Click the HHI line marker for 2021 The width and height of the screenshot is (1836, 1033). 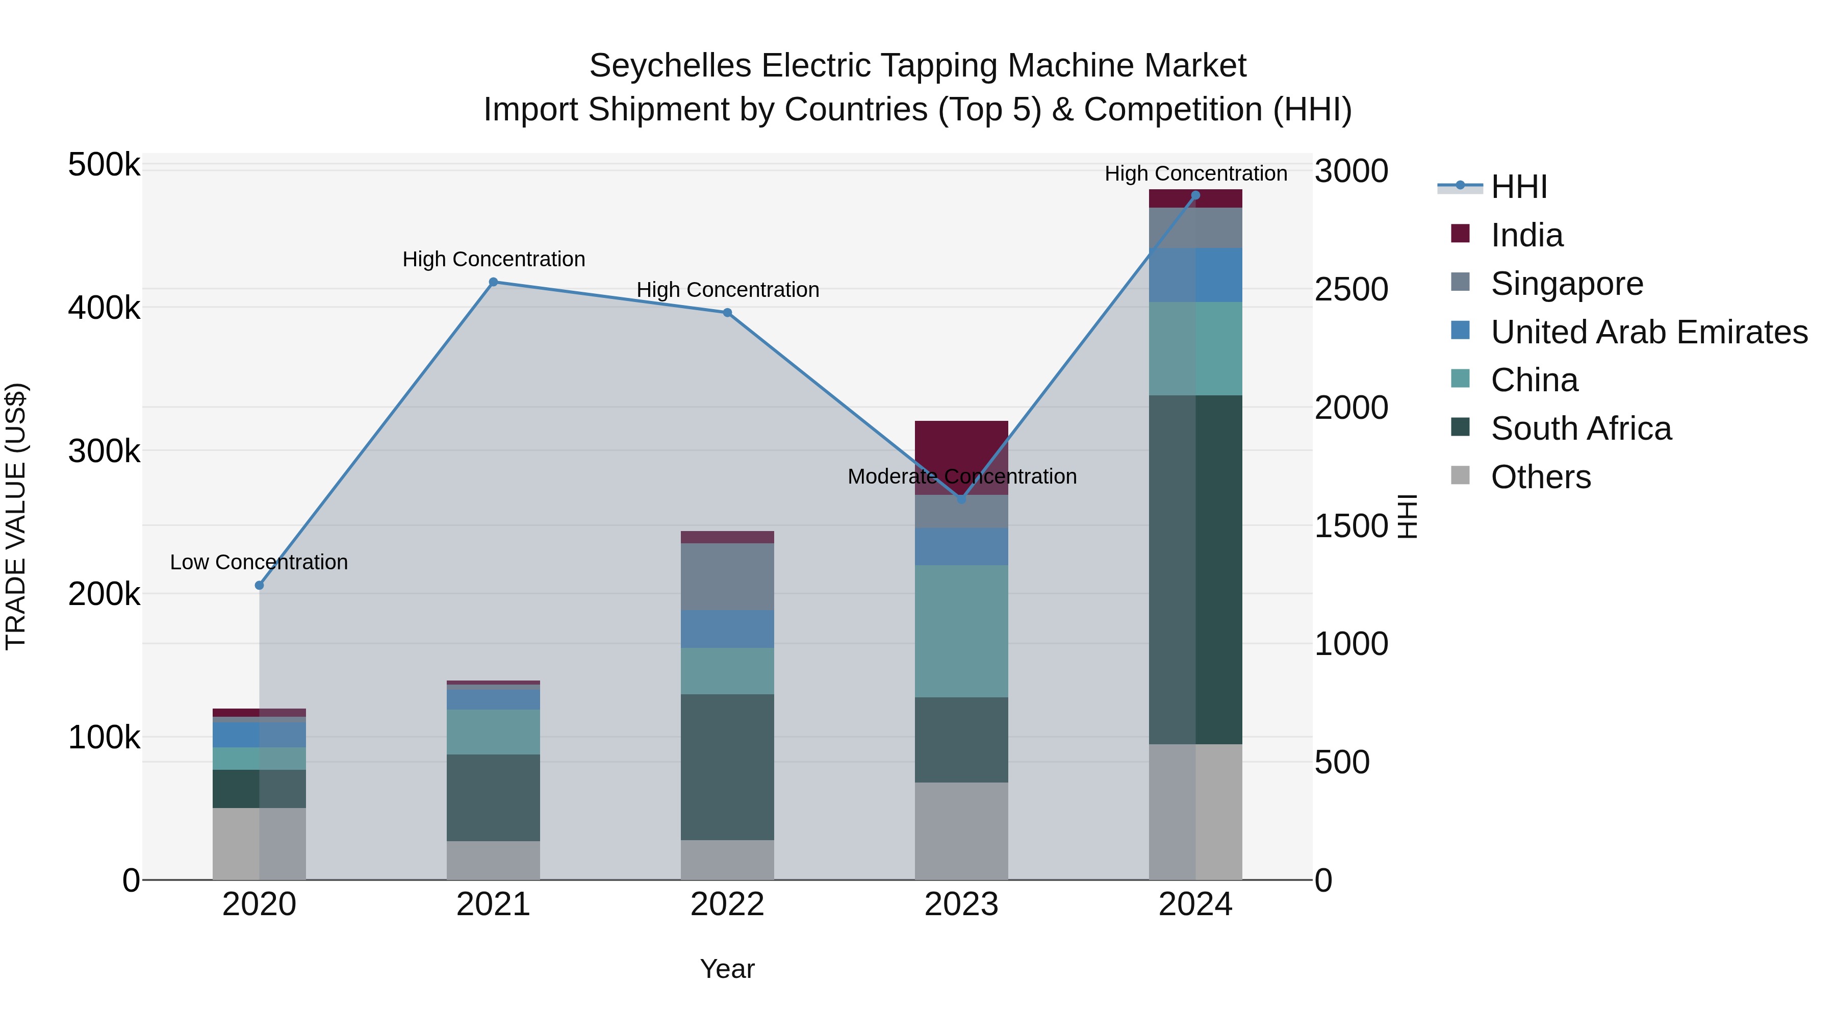[493, 282]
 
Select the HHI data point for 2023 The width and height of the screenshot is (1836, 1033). [961, 500]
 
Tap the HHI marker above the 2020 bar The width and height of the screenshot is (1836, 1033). [260, 585]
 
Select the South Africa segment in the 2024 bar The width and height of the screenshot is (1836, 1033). [1195, 570]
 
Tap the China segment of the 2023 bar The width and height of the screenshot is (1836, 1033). [961, 631]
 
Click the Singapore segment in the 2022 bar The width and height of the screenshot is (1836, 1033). [727, 577]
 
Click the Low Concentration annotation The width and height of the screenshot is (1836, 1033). [259, 563]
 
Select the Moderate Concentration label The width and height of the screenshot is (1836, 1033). [961, 476]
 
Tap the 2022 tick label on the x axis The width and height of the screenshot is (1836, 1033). [727, 904]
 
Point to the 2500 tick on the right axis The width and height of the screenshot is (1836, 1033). [1350, 289]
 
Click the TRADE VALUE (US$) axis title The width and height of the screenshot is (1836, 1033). [16, 516]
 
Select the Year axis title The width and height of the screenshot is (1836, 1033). [727, 969]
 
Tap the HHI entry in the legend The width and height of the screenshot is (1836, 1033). [1518, 187]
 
